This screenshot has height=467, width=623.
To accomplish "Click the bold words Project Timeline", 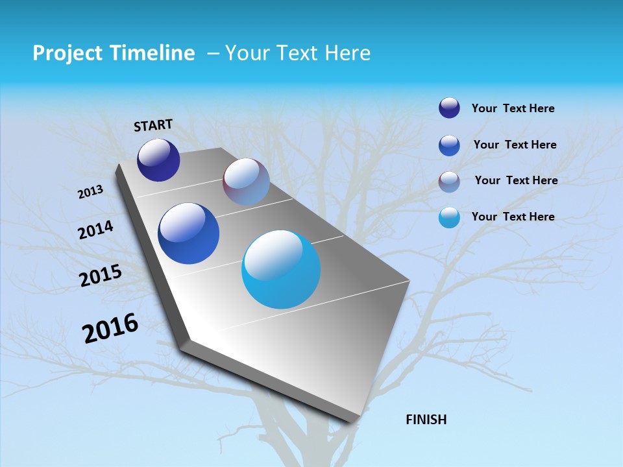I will click(114, 53).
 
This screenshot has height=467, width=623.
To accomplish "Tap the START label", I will click(153, 125).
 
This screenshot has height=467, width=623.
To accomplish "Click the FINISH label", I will click(426, 420).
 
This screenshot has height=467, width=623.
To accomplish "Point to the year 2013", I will click(91, 192).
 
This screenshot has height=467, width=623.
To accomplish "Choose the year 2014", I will click(96, 230).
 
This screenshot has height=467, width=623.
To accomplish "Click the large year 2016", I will click(110, 328).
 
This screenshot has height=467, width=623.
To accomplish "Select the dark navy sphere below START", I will click(158, 160).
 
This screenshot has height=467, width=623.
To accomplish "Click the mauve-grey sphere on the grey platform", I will click(246, 182).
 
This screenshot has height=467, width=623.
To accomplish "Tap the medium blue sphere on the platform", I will click(189, 233).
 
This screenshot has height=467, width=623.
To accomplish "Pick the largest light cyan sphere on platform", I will click(281, 269).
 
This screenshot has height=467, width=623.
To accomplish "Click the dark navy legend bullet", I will click(449, 108).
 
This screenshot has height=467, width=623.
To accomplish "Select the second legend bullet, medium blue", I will click(449, 145).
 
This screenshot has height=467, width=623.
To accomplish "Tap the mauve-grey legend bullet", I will click(449, 182).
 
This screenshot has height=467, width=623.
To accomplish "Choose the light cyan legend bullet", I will click(449, 217).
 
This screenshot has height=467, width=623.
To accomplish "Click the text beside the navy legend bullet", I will click(513, 109).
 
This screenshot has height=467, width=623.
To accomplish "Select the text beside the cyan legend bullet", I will click(513, 217).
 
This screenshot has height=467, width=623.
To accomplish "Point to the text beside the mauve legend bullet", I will click(516, 180).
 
